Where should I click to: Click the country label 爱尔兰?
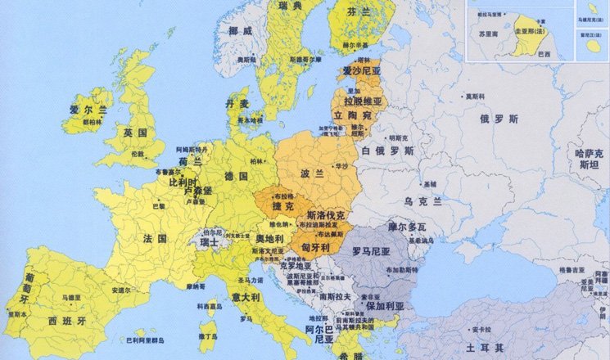click(x=84, y=107)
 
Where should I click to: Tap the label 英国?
click(x=135, y=132)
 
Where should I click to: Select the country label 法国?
click(x=155, y=238)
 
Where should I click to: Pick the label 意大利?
click(x=245, y=295)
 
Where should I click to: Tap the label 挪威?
click(x=240, y=30)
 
